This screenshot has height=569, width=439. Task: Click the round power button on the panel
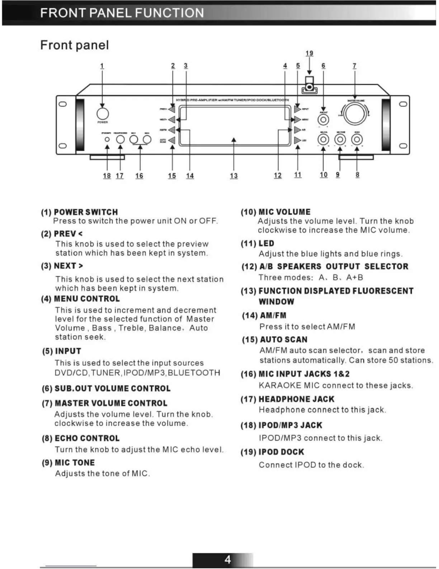tap(103, 114)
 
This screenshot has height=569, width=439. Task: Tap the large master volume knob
tap(355, 114)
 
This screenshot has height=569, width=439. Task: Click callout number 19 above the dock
tap(309, 53)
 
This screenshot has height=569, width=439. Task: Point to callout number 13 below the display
tap(234, 176)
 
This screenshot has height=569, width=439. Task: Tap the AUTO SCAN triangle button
tap(172, 140)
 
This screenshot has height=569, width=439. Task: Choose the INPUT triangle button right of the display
tap(297, 109)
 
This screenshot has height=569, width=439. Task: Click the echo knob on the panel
tap(357, 139)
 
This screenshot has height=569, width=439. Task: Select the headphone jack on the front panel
tap(121, 139)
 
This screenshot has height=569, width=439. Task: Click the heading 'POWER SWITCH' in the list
tap(86, 212)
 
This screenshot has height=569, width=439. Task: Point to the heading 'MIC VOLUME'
tap(284, 212)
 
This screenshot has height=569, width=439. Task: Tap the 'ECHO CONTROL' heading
tap(87, 438)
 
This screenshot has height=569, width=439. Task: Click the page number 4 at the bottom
tap(228, 560)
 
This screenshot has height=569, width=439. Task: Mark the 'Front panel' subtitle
tap(75, 45)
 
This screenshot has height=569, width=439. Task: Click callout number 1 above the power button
tap(102, 66)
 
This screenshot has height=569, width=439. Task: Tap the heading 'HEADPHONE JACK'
tap(296, 399)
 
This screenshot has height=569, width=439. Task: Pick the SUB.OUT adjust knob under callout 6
tap(324, 119)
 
